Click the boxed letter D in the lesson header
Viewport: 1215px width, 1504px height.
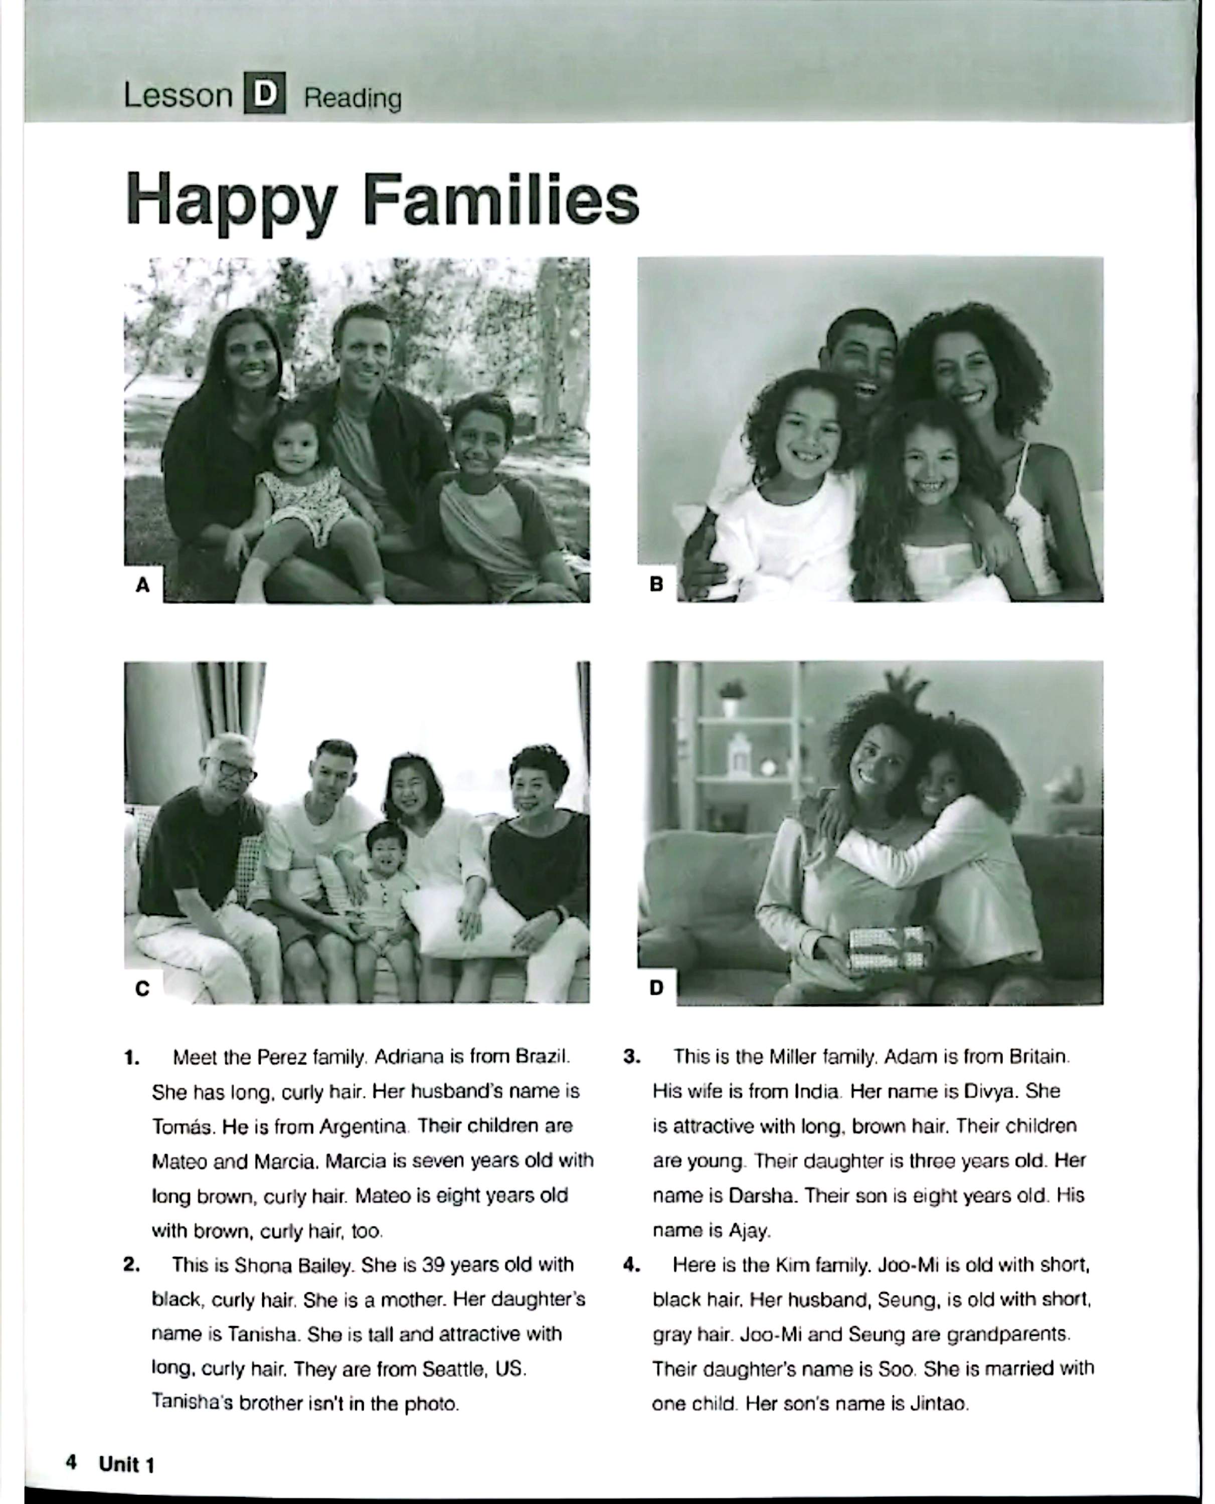265,94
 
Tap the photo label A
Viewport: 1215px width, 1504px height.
143,585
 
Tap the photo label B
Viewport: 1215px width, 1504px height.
656,584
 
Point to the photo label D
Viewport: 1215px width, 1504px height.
656,987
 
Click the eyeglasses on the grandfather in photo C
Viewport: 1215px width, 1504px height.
236,770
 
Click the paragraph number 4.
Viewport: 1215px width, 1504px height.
631,1265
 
